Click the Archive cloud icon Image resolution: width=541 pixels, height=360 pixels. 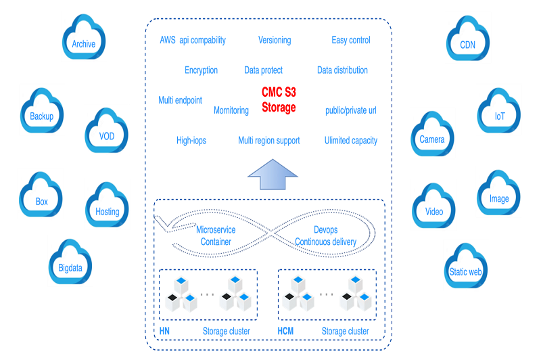(x=84, y=41)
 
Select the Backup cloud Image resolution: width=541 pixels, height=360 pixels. (x=42, y=113)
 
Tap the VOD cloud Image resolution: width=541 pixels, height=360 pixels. (x=107, y=133)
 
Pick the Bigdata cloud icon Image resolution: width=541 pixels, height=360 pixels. (x=70, y=265)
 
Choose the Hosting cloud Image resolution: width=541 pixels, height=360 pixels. (x=107, y=208)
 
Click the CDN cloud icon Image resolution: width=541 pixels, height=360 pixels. (x=467, y=42)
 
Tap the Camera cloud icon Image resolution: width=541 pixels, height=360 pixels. (x=431, y=136)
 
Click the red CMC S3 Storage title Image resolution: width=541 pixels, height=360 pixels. (x=279, y=99)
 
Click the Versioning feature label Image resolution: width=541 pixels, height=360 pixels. (x=275, y=40)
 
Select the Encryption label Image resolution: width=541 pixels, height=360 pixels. (x=201, y=70)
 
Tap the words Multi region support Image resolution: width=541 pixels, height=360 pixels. (x=268, y=141)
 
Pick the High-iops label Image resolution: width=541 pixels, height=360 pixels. (x=191, y=141)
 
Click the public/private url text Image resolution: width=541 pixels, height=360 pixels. (x=351, y=110)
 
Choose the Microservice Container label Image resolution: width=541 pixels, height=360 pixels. (x=216, y=235)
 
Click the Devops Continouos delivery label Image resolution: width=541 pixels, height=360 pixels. (x=325, y=235)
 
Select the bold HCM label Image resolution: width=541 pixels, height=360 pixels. (x=287, y=331)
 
